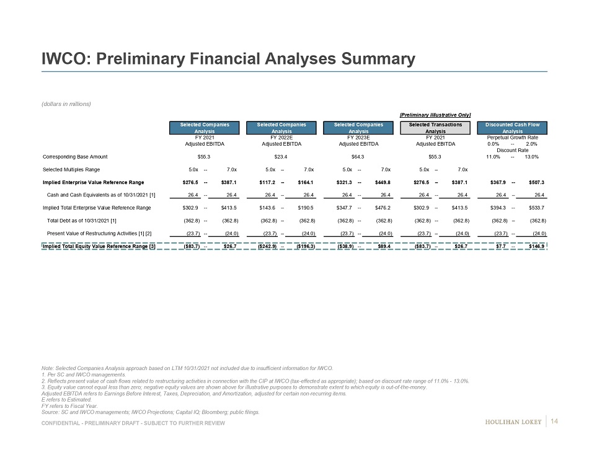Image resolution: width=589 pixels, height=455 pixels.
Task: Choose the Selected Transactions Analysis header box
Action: coord(435,128)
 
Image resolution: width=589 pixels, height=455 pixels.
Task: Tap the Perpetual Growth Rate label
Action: coord(512,137)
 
